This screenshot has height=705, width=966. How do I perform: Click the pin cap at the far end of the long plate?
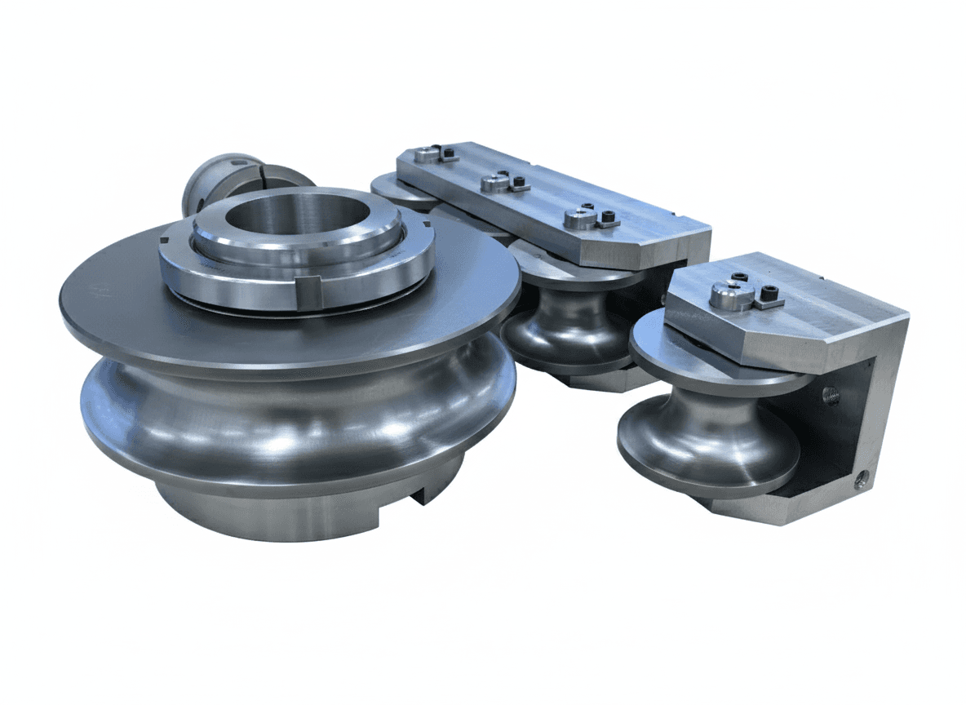point(425,153)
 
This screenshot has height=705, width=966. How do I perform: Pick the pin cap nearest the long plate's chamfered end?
point(580,218)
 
